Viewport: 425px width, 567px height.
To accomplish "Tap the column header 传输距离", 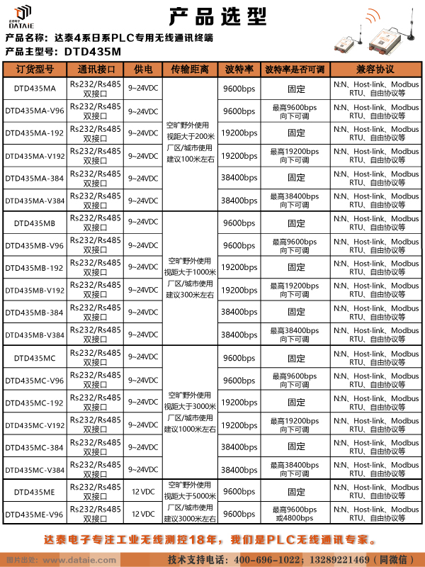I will [x=189, y=69].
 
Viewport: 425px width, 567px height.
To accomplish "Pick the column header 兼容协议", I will [x=375, y=69].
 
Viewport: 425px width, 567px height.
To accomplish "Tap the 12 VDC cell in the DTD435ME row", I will [x=143, y=491].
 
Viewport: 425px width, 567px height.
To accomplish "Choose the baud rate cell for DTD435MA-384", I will [x=239, y=178].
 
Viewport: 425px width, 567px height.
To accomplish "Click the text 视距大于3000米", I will [x=189, y=406].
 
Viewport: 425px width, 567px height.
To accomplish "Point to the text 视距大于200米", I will [x=189, y=135].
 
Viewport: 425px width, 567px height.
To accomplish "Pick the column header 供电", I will [x=143, y=69].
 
